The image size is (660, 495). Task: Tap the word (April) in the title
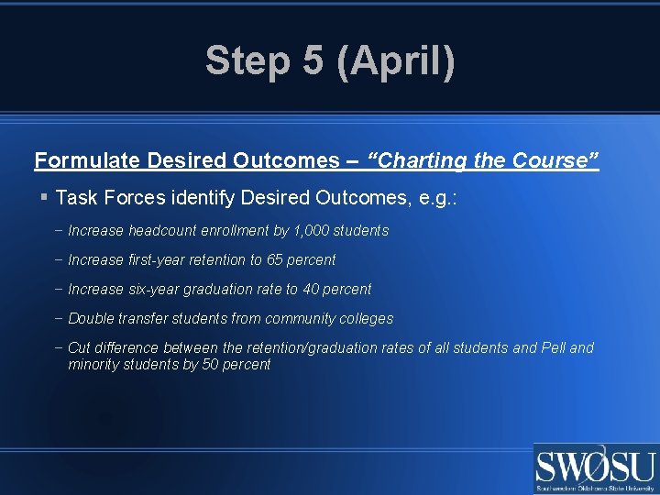pyautogui.click(x=395, y=61)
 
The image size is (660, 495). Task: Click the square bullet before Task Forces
pyautogui.click(x=43, y=196)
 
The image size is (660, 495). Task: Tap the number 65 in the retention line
pyautogui.click(x=275, y=260)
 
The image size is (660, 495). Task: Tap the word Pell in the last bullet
pyautogui.click(x=554, y=348)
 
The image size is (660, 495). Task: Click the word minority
pyautogui.click(x=95, y=365)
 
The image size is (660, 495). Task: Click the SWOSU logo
pyautogui.click(x=596, y=468)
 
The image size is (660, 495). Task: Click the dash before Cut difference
pyautogui.click(x=59, y=348)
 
